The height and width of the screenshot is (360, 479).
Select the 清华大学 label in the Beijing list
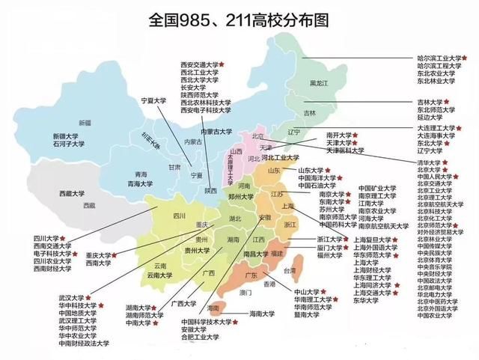point(429,161)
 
